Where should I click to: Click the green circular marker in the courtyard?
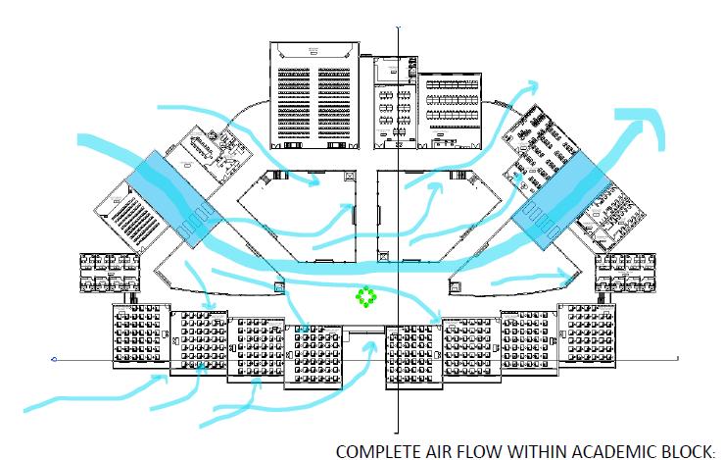coord(365,296)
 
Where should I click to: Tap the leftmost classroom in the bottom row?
coord(138,334)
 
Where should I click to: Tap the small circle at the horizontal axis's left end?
coord(56,360)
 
